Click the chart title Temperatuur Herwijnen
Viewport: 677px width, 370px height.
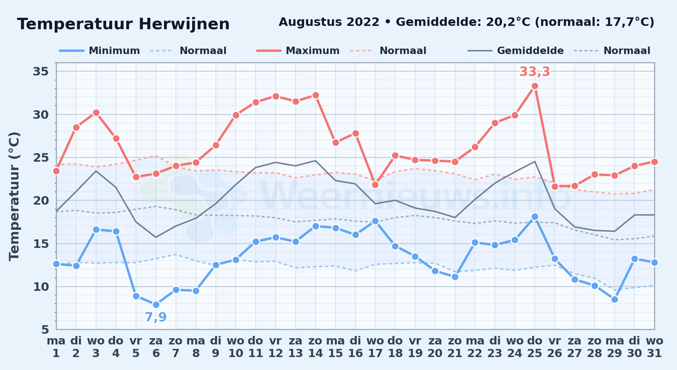pos(123,24)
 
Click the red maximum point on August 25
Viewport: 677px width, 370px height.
pos(535,86)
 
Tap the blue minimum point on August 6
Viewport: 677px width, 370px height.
pos(156,305)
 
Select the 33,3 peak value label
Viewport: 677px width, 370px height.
pos(535,71)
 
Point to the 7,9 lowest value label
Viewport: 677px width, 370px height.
pos(156,317)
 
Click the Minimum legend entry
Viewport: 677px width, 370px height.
pos(99,51)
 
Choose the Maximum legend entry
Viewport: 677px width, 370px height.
pos(298,51)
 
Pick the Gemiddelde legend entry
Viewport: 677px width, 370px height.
pos(516,51)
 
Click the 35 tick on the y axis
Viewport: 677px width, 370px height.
pos(41,71)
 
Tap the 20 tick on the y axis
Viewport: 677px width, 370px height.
pos(41,201)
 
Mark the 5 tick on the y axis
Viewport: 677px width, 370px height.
pos(45,329)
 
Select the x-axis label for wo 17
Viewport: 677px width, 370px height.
pos(375,347)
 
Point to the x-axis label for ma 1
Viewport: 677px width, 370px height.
pos(56,347)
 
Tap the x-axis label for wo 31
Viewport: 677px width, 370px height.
pos(654,347)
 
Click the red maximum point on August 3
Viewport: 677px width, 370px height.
pos(96,113)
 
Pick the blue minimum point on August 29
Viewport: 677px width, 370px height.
pos(615,300)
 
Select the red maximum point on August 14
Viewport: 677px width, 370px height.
pos(316,95)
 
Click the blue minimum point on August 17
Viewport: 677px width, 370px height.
pos(375,221)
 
